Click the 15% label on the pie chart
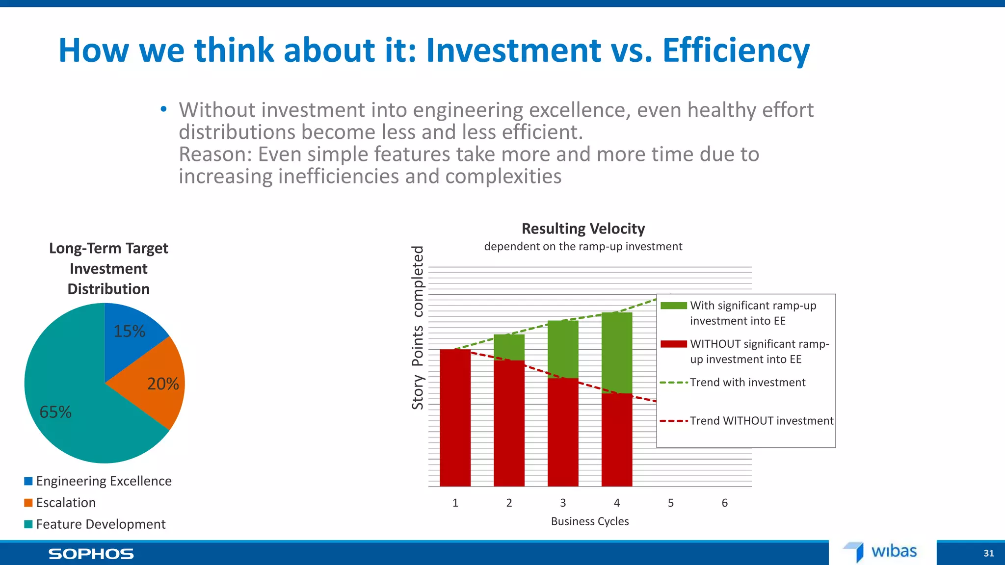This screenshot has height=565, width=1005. pos(129,331)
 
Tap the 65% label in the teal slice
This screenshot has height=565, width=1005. pos(55,412)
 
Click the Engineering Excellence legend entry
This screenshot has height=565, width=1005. pos(98,481)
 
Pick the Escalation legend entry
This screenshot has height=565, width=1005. pos(60,503)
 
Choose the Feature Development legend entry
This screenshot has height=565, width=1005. pos(95,524)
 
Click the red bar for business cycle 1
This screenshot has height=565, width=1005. pos(455,417)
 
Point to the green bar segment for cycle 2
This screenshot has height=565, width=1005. pos(509,347)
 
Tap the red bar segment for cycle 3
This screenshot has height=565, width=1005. pos(563,432)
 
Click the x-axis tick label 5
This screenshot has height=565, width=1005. pos(670,503)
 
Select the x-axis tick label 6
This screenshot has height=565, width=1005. pos(724,503)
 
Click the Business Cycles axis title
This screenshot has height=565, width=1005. pos(589,521)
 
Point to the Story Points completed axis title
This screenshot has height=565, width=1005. pos(418,328)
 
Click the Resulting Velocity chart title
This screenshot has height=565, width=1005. pos(583,229)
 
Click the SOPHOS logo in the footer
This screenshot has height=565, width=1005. pos(91,554)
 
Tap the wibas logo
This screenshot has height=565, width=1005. pos(881,552)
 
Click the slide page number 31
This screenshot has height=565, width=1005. pos(988,553)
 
